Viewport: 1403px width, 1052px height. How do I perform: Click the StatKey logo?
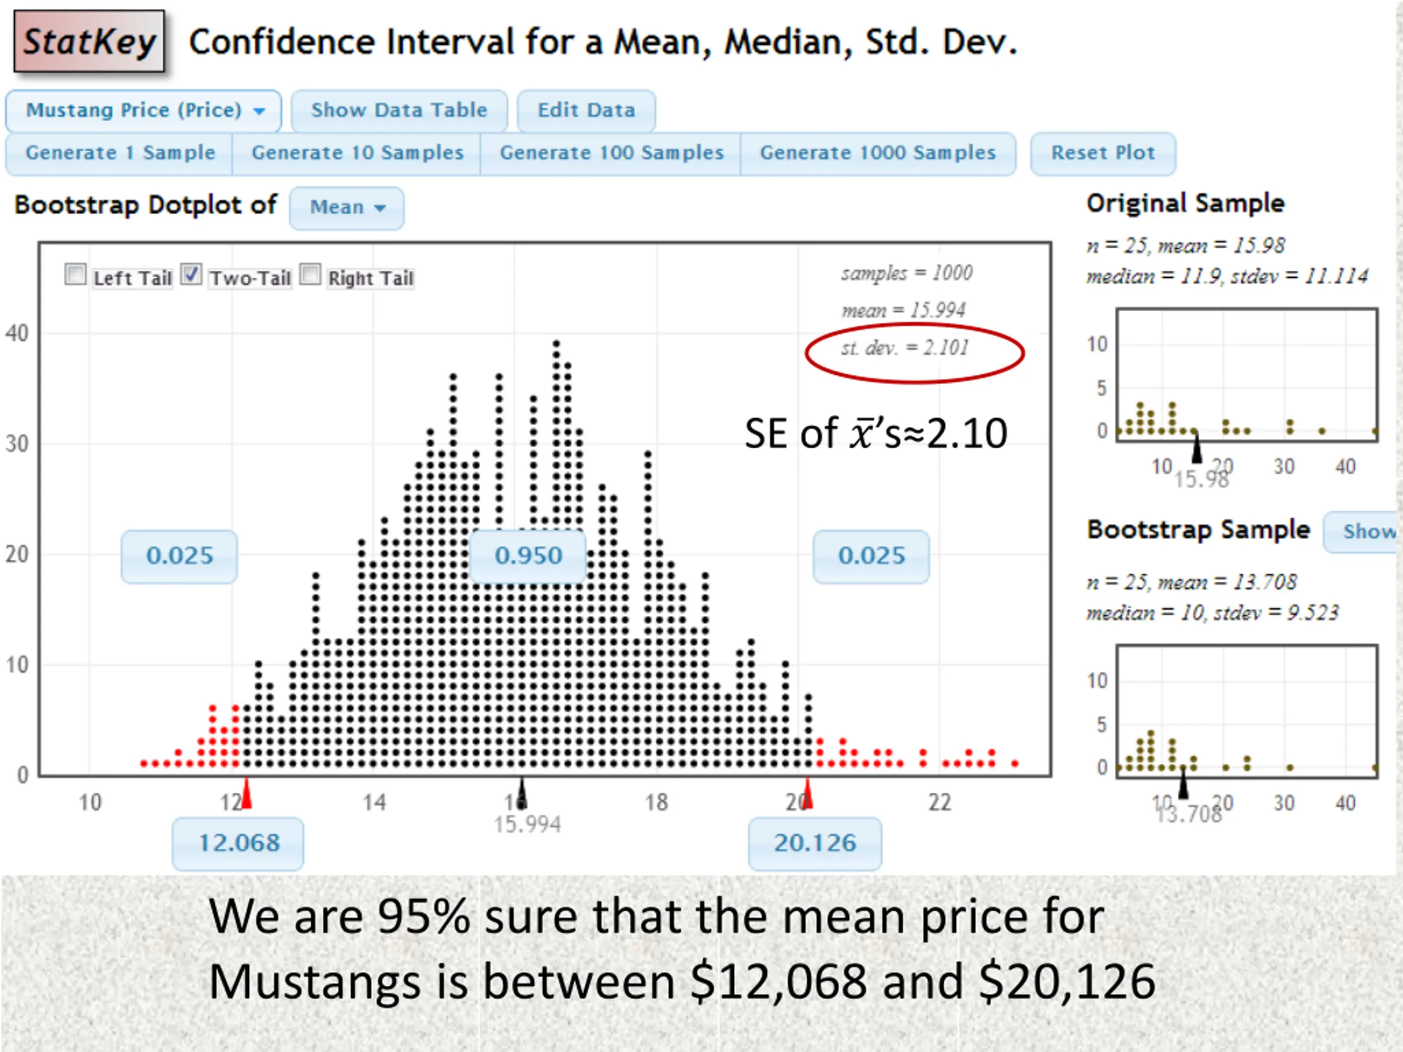pos(89,41)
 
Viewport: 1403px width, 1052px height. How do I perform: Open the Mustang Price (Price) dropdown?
pos(144,110)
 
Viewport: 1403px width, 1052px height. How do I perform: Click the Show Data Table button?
pos(399,110)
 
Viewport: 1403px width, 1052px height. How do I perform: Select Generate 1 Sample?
pos(120,153)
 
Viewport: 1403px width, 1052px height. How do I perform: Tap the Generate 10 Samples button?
pos(357,153)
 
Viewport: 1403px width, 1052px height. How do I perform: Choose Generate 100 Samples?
pos(612,153)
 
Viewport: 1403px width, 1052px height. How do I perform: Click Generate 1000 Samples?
pos(878,153)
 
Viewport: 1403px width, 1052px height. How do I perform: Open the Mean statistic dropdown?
pos(346,207)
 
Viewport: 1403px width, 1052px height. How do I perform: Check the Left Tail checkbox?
pos(76,275)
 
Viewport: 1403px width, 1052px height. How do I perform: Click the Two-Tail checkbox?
pos(192,275)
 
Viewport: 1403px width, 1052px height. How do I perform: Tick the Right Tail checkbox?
pos(310,275)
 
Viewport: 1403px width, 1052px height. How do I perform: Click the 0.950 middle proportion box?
pos(528,556)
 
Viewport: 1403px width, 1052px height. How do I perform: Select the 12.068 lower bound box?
pos(238,843)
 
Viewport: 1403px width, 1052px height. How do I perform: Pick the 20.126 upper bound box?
pos(814,843)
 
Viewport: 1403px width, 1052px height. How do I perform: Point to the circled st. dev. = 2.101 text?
pos(904,348)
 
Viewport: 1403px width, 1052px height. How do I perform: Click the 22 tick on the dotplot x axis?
pos(939,803)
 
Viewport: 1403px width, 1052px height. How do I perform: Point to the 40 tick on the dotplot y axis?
pos(17,334)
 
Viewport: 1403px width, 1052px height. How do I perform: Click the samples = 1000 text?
pos(906,273)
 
